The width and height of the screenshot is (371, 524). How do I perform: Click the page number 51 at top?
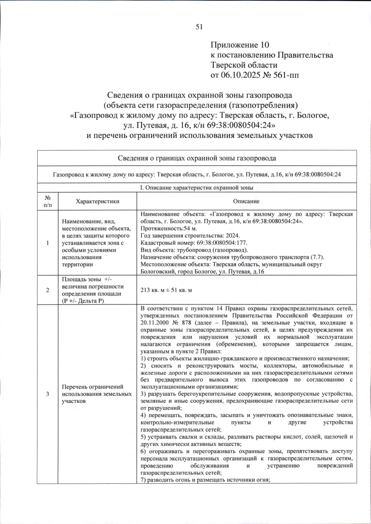pyautogui.click(x=199, y=27)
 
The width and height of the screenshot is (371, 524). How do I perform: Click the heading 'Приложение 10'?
pyautogui.click(x=240, y=45)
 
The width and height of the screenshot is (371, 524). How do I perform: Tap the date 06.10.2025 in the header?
pyautogui.click(x=240, y=75)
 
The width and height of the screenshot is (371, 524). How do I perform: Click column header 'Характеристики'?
pyautogui.click(x=97, y=201)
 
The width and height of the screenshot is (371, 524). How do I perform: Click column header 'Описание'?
pyautogui.click(x=246, y=201)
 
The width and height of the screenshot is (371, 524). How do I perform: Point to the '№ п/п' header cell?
pyautogui.click(x=48, y=201)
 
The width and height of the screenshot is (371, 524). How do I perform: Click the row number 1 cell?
pyautogui.click(x=48, y=243)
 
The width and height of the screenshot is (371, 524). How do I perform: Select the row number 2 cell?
pyautogui.click(x=48, y=290)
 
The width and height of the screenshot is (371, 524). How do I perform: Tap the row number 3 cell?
pyautogui.click(x=48, y=394)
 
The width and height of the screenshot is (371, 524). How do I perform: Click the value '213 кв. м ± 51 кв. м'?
pyautogui.click(x=166, y=290)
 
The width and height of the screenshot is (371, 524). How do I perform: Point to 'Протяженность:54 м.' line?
pyautogui.click(x=169, y=229)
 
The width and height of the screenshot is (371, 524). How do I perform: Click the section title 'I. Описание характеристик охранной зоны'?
pyautogui.click(x=197, y=188)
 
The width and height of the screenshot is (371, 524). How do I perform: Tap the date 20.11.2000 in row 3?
pyautogui.click(x=154, y=323)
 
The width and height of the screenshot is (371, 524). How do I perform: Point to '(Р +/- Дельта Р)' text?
pyautogui.click(x=83, y=301)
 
